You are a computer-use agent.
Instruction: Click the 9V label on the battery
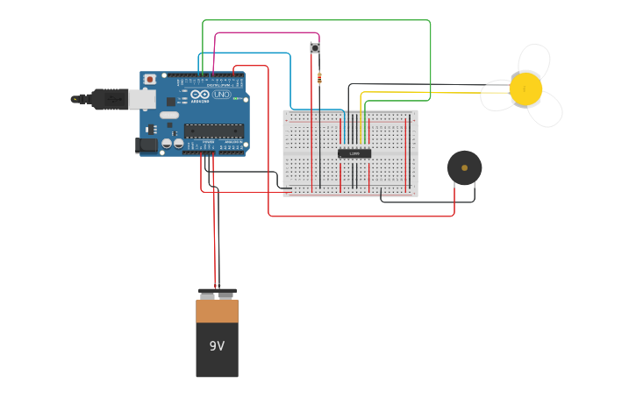217,346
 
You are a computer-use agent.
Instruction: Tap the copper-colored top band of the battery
217,310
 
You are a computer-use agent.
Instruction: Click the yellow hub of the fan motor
525,89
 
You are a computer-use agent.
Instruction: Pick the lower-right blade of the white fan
547,110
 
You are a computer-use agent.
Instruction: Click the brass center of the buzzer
464,167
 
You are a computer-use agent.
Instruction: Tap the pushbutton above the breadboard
314,48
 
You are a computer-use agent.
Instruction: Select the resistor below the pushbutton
319,78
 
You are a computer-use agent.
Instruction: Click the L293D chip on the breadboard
354,153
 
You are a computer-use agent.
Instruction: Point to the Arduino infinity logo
200,95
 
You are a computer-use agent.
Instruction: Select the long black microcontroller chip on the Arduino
213,131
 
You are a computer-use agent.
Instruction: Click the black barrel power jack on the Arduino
146,145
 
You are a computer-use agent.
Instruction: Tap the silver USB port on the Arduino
142,99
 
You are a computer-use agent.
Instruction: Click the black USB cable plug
109,100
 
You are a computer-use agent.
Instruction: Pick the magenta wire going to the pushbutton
263,33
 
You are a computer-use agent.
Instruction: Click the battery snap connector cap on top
217,293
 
